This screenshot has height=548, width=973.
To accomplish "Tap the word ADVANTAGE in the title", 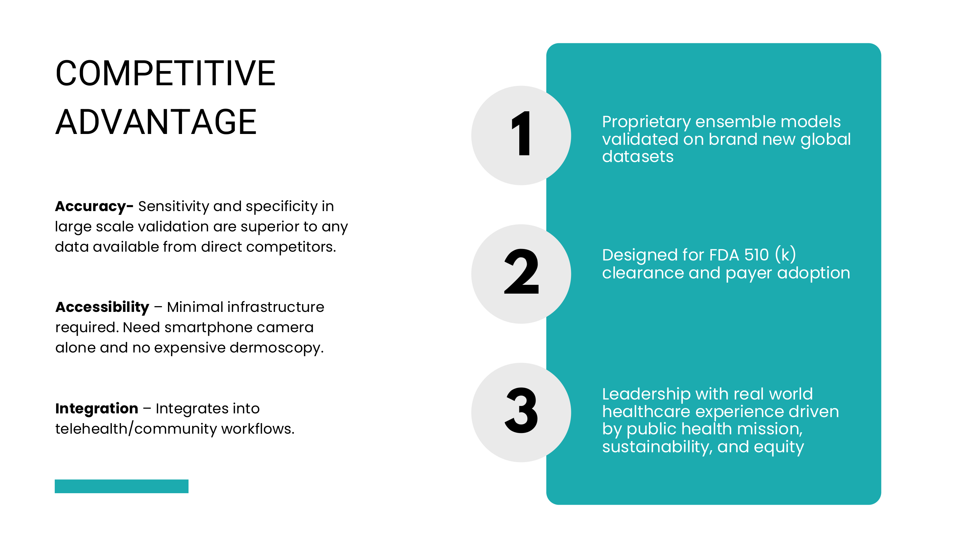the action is [x=156, y=122].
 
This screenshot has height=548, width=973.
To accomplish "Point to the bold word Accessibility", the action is [x=102, y=307].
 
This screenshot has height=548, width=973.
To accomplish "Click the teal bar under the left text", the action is [x=122, y=486].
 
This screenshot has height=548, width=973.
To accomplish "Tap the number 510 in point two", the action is [x=756, y=255].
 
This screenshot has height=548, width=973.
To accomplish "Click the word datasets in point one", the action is [x=638, y=157].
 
